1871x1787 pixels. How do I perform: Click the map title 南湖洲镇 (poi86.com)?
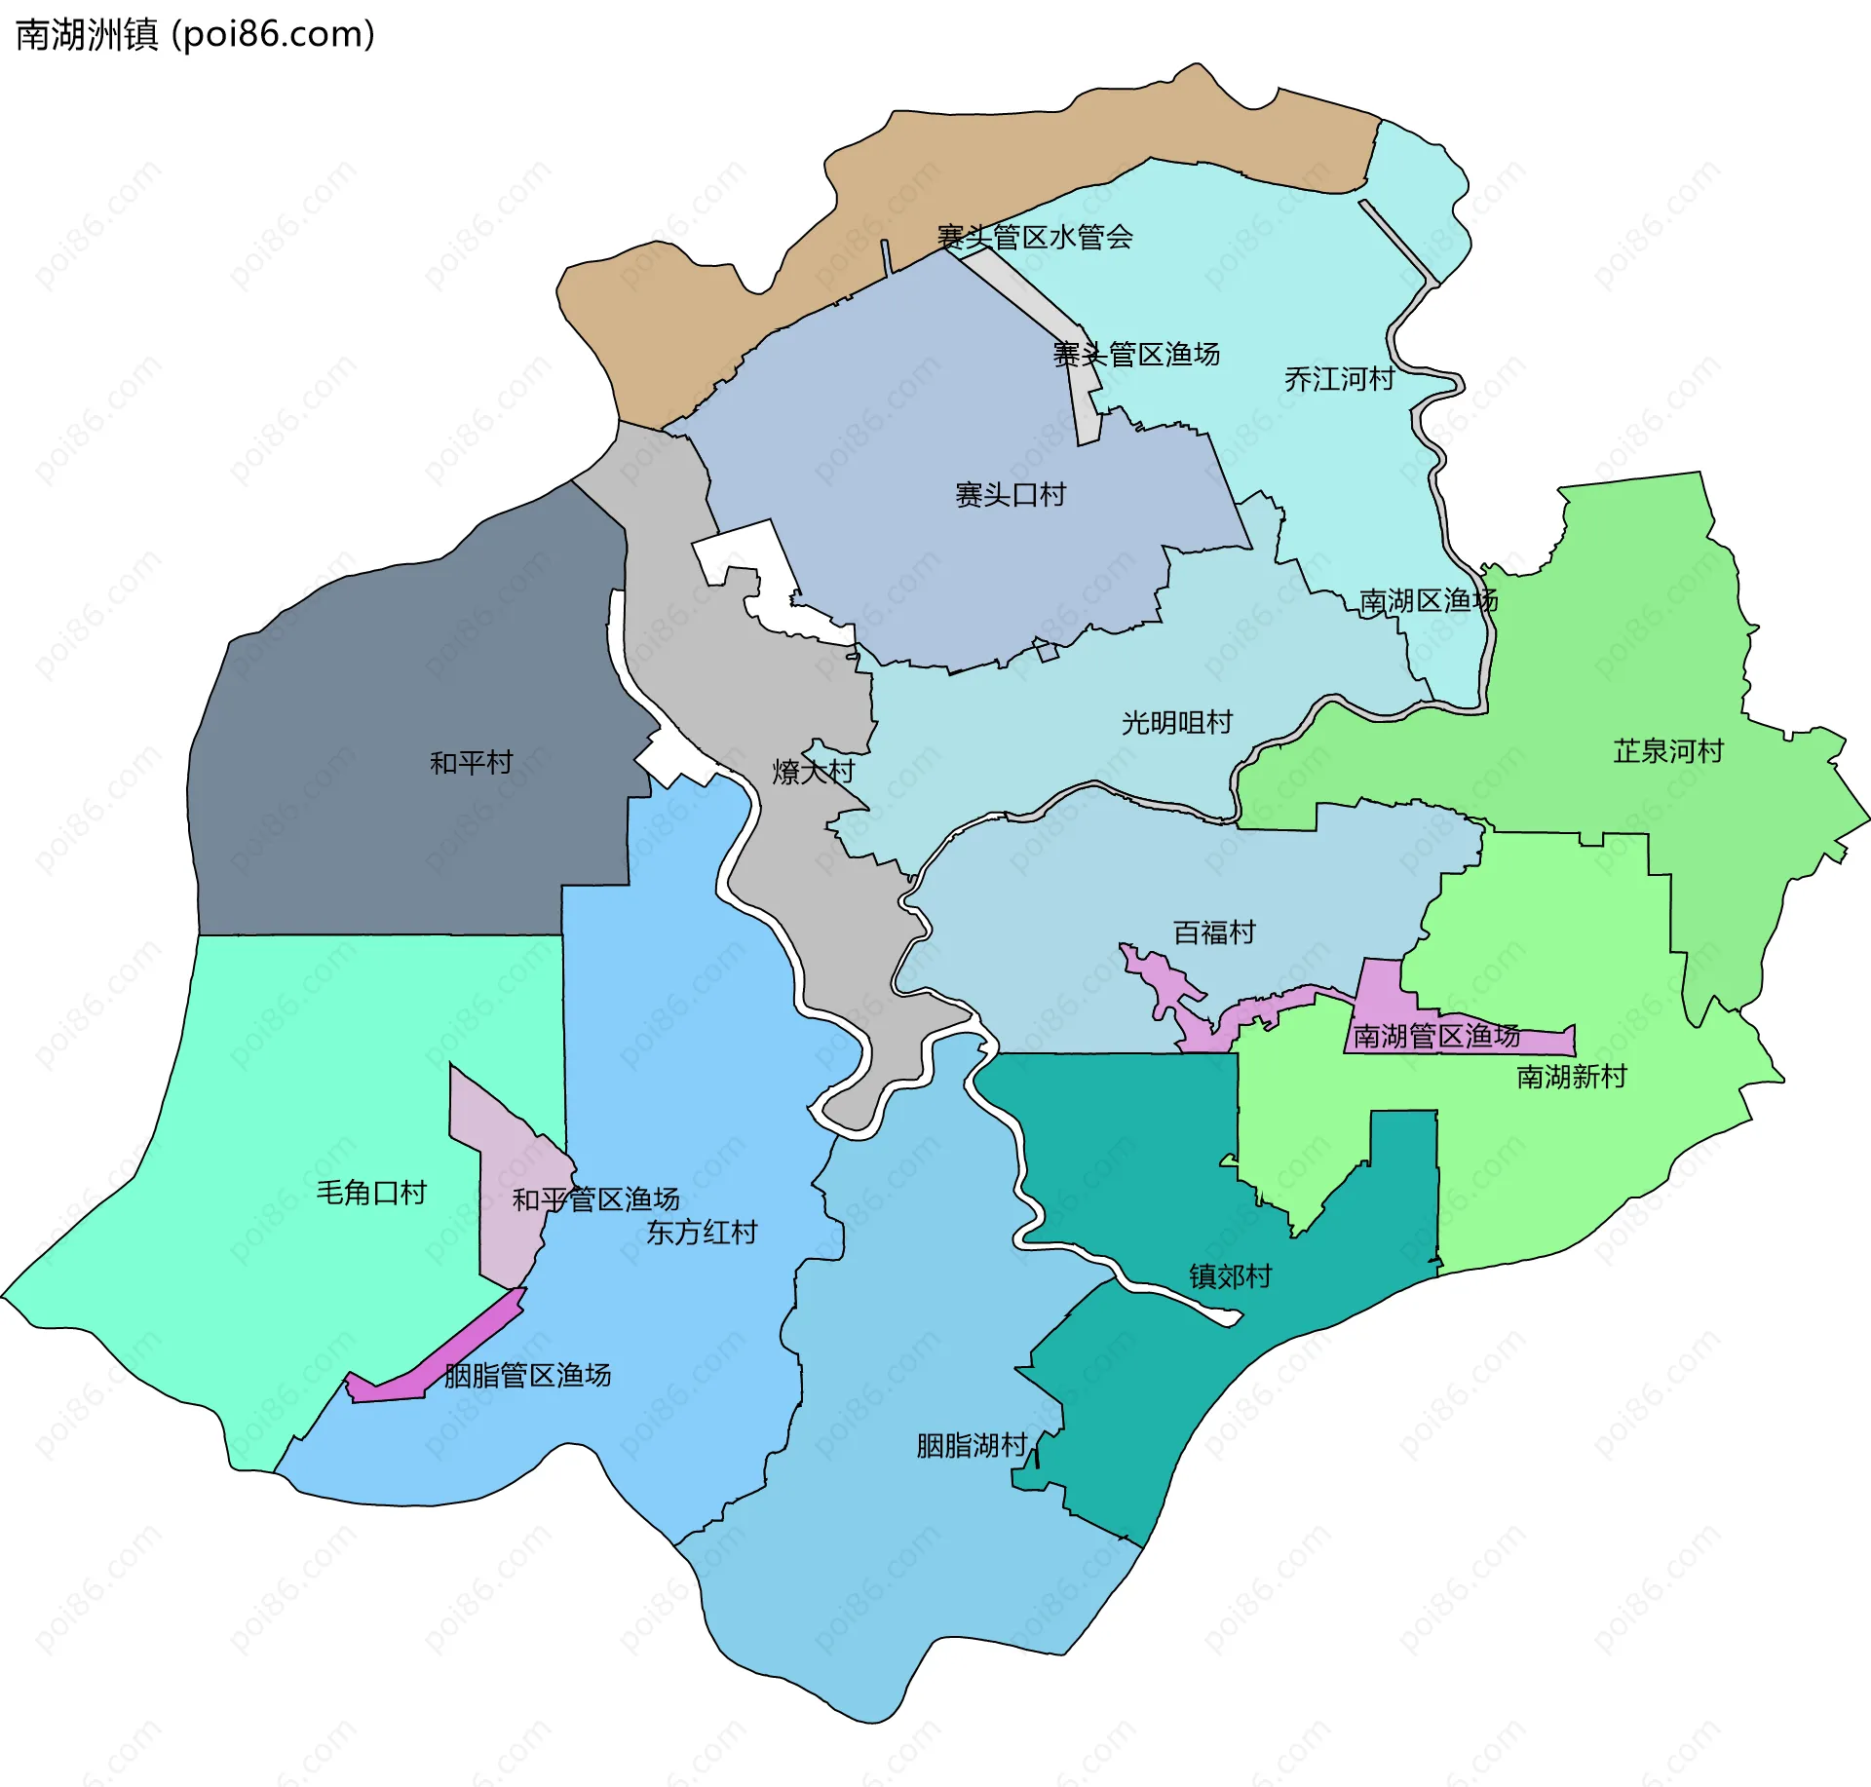[195, 35]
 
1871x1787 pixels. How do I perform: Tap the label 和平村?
[471, 762]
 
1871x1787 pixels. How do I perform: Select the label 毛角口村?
[371, 1192]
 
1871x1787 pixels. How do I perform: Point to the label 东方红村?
[702, 1232]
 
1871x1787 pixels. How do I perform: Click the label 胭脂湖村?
[972, 1445]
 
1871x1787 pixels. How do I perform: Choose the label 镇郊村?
[1230, 1275]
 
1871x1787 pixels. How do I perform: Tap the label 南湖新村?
[1571, 1076]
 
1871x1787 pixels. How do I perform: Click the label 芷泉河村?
[1667, 750]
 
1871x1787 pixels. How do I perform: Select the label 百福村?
[1213, 932]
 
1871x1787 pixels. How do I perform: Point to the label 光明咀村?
[1176, 722]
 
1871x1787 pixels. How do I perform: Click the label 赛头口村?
[1010, 494]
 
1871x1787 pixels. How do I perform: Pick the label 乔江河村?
[1339, 378]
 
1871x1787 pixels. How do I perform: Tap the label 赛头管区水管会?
[1034, 236]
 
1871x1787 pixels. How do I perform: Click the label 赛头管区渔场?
[1135, 354]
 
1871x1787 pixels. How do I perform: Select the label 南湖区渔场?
[1428, 600]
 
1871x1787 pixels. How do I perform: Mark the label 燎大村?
[813, 771]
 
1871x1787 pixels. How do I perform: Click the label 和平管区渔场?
[595, 1198]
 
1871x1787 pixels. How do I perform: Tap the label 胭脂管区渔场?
[527, 1375]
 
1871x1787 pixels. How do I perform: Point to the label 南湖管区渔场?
[1435, 1036]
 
